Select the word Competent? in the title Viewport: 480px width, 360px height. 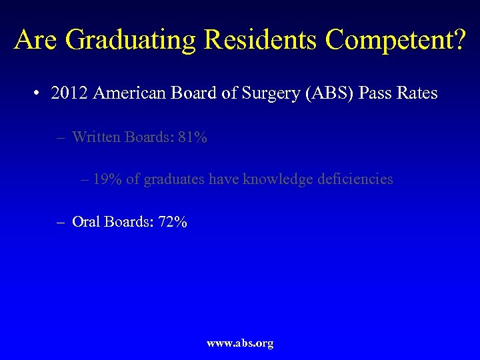[x=395, y=39]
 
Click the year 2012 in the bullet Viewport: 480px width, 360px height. [x=69, y=93]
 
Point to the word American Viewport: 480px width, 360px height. [x=126, y=93]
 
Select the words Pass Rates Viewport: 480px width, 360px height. [x=398, y=93]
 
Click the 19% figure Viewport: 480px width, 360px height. [x=107, y=179]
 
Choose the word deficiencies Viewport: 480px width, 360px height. [x=353, y=179]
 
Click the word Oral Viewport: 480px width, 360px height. [x=85, y=222]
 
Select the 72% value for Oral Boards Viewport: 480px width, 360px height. [x=173, y=222]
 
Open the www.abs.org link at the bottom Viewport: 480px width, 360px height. [x=240, y=343]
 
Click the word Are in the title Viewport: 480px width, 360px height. [x=36, y=39]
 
